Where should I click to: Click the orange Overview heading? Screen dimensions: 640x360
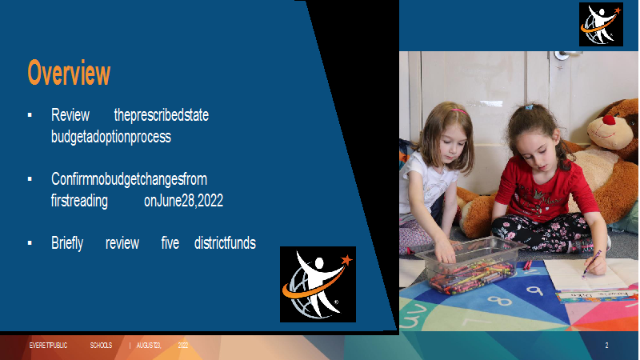69,73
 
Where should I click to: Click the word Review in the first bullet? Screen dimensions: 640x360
70,115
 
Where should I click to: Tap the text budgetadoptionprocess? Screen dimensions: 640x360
111,137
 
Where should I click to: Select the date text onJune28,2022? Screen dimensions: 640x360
184,201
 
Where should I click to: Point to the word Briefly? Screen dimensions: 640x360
67,243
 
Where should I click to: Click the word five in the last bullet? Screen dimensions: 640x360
170,243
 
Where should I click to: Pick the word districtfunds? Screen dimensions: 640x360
225,243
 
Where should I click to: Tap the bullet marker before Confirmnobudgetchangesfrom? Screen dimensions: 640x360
30,178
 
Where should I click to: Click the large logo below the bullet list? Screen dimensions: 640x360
318,284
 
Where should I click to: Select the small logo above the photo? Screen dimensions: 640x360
601,25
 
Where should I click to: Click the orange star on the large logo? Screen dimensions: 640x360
346,259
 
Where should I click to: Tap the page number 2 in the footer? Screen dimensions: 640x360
606,346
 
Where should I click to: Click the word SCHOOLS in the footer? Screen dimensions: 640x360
101,346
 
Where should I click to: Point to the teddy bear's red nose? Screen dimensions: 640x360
609,120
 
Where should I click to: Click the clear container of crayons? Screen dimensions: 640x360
471,266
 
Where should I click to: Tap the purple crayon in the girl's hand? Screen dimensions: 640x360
592,263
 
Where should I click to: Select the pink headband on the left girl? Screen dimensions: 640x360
459,111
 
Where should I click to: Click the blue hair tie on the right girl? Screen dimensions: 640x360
529,107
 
